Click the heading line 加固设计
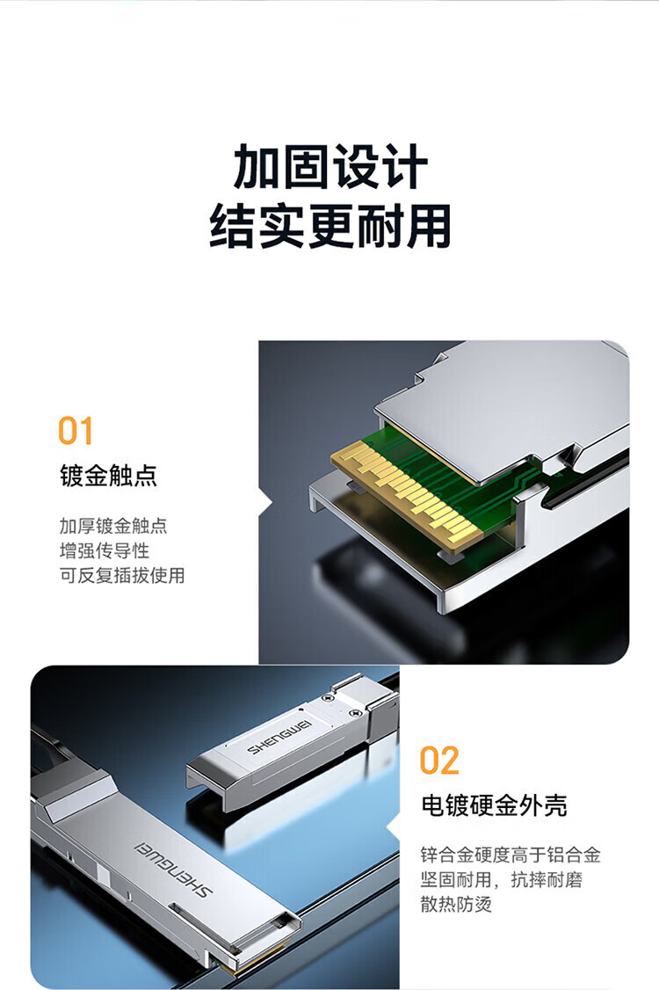[x=330, y=167]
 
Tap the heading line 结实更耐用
[x=330, y=225]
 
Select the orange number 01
[x=76, y=431]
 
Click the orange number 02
[x=439, y=761]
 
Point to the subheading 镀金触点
[x=109, y=476]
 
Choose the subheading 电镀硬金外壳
[x=494, y=805]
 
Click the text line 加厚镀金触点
[x=113, y=525]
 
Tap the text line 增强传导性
[x=105, y=550]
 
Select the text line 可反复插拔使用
[x=122, y=575]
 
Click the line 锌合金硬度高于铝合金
[x=511, y=855]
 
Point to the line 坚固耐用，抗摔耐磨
[x=502, y=879]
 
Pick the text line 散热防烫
[x=456, y=904]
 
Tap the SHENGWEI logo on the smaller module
[x=279, y=737]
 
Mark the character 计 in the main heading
[x=405, y=167]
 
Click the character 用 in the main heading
[x=429, y=225]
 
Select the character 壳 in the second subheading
[x=556, y=805]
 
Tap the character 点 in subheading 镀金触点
[x=146, y=476]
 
